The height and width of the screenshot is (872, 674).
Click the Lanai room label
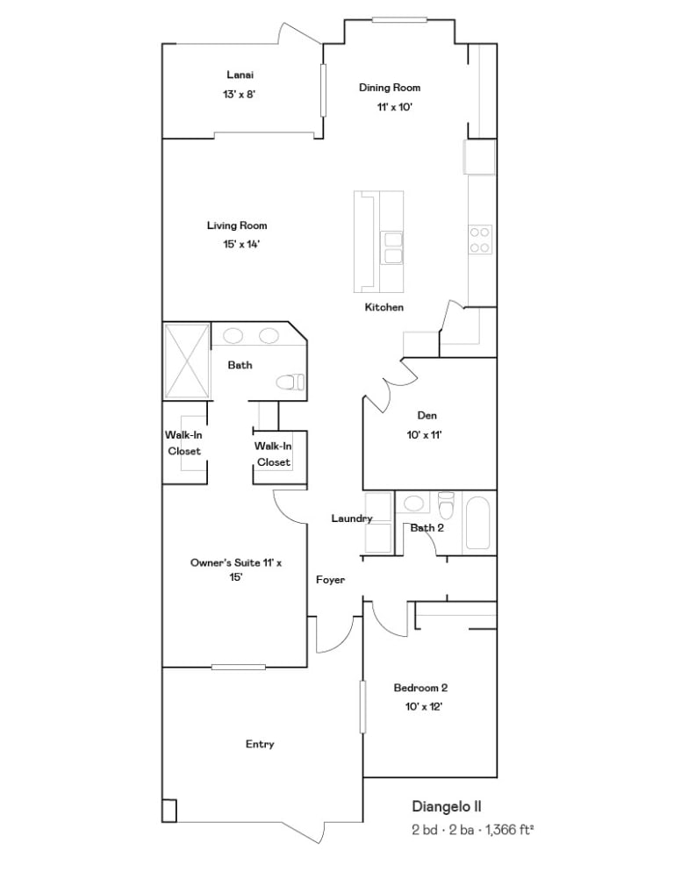(x=240, y=75)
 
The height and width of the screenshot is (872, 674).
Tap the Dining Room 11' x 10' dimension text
(x=395, y=107)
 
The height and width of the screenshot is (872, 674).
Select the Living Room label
(x=237, y=225)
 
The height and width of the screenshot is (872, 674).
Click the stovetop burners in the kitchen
(x=480, y=239)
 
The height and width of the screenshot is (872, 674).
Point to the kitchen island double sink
(x=392, y=247)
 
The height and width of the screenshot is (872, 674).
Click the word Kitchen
(x=384, y=307)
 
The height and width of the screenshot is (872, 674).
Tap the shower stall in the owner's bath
(x=187, y=361)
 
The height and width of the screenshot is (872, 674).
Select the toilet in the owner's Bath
(x=290, y=382)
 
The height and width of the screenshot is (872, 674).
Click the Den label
(x=427, y=416)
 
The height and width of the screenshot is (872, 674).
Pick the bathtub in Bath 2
(x=477, y=523)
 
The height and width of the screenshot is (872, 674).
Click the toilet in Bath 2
(x=447, y=504)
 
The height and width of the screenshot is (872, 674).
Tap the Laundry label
(x=352, y=518)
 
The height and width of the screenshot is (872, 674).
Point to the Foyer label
(x=330, y=580)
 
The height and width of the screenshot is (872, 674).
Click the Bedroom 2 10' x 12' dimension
(x=424, y=707)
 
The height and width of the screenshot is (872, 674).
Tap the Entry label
(x=260, y=744)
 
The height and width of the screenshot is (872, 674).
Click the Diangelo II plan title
(x=447, y=806)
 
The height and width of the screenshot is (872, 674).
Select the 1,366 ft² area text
(x=510, y=830)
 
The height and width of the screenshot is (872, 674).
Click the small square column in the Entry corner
(x=169, y=811)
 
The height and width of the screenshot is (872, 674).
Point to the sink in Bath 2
(x=413, y=504)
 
